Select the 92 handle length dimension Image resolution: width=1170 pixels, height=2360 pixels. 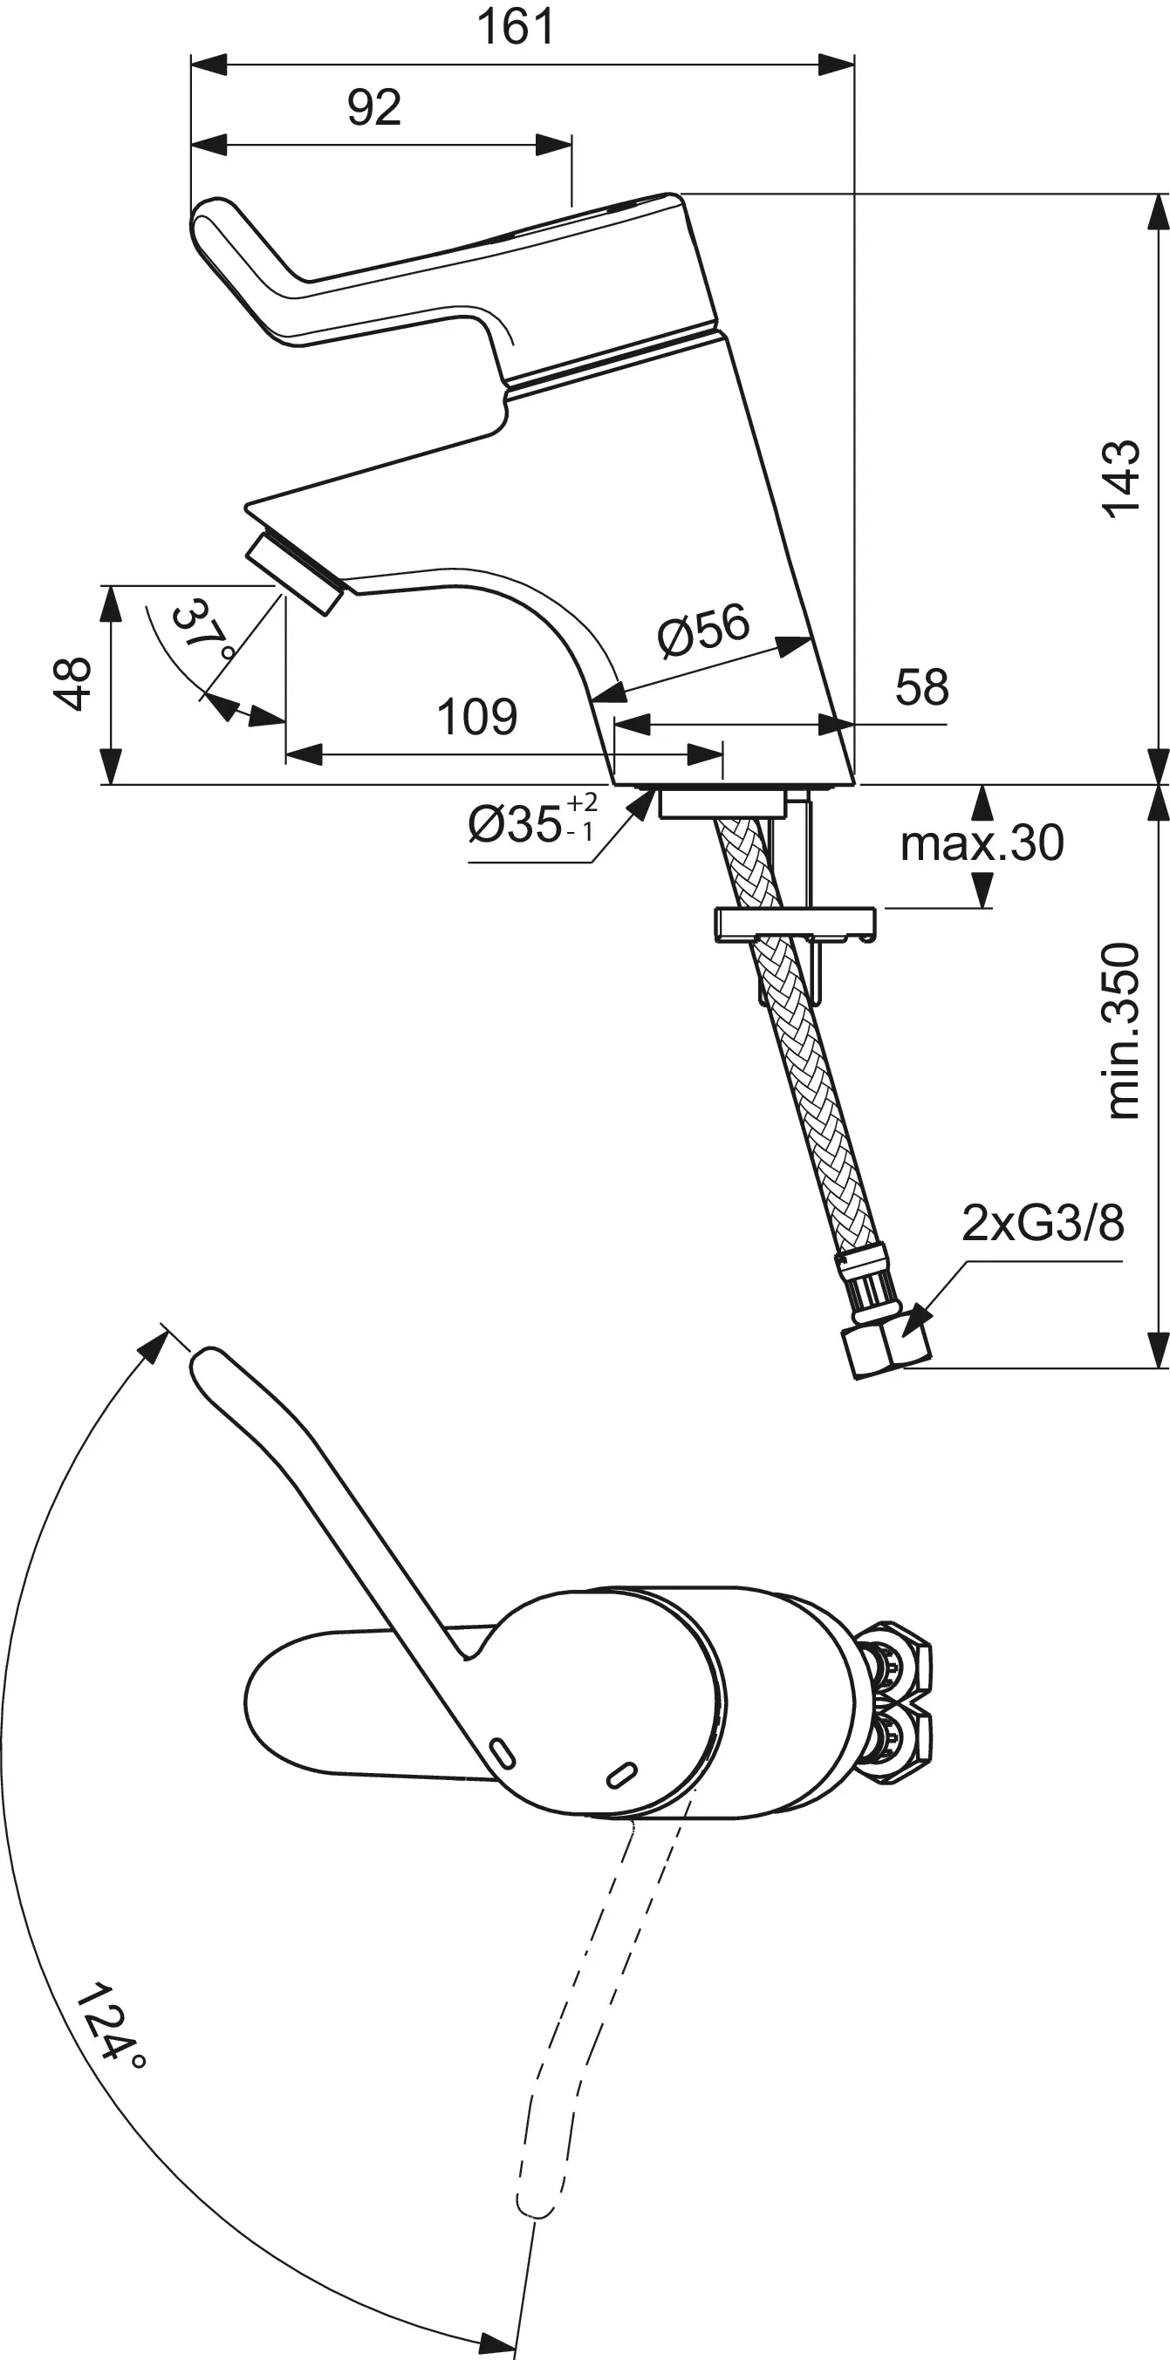coord(373,108)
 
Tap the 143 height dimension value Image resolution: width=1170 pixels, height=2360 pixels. coord(1121,479)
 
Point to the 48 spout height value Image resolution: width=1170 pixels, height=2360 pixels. coord(72,683)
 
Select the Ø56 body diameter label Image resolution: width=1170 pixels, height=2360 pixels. coord(703,631)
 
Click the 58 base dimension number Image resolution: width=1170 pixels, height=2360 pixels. coord(920,687)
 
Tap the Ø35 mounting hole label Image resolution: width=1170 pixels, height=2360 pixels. coord(530,821)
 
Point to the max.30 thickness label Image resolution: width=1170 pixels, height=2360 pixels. coord(982,842)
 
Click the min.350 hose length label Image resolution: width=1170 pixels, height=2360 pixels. coord(1123,1030)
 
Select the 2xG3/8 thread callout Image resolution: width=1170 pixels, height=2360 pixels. coord(1042,1223)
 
